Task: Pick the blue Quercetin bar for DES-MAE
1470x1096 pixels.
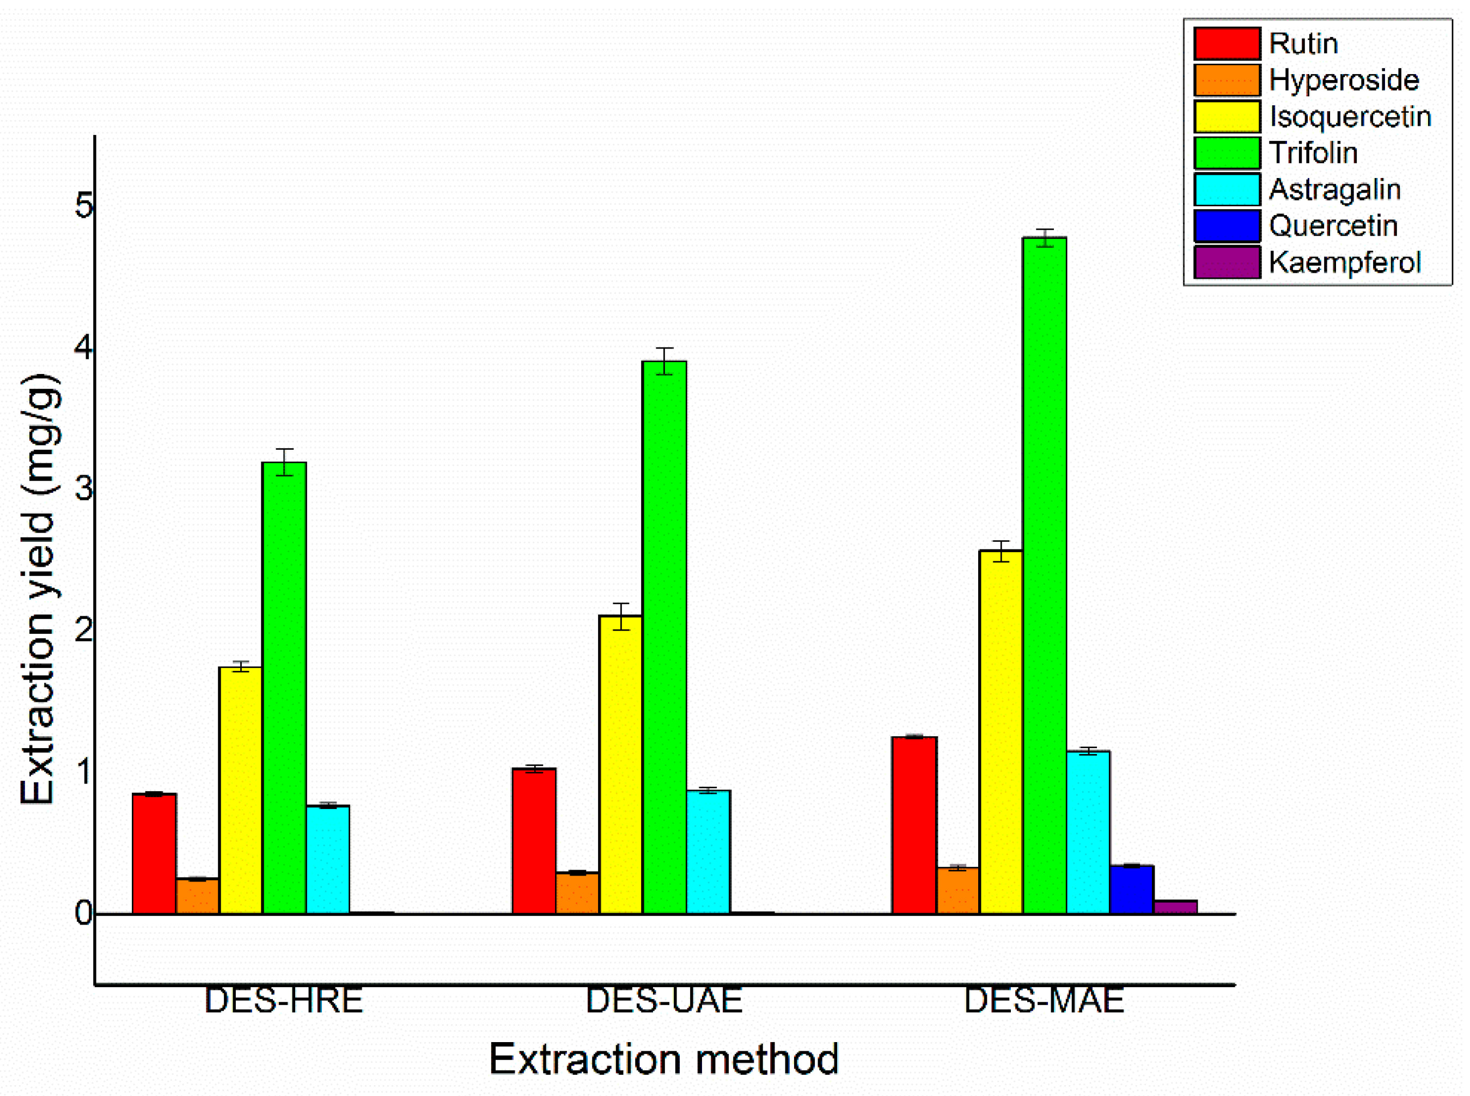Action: tap(1132, 890)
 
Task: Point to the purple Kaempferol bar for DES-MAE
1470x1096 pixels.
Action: tap(1175, 907)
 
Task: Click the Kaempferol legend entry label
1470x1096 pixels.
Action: tap(1344, 263)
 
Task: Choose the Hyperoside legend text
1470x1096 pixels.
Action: tap(1343, 80)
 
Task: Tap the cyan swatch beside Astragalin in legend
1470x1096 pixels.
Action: tap(1227, 189)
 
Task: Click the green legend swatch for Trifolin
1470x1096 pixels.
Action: tap(1227, 153)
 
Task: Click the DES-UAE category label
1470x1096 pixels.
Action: tap(664, 1001)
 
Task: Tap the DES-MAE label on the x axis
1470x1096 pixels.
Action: tap(1043, 1001)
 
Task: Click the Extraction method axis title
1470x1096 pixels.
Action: tap(664, 1059)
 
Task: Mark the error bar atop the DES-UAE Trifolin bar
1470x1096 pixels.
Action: tap(664, 361)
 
